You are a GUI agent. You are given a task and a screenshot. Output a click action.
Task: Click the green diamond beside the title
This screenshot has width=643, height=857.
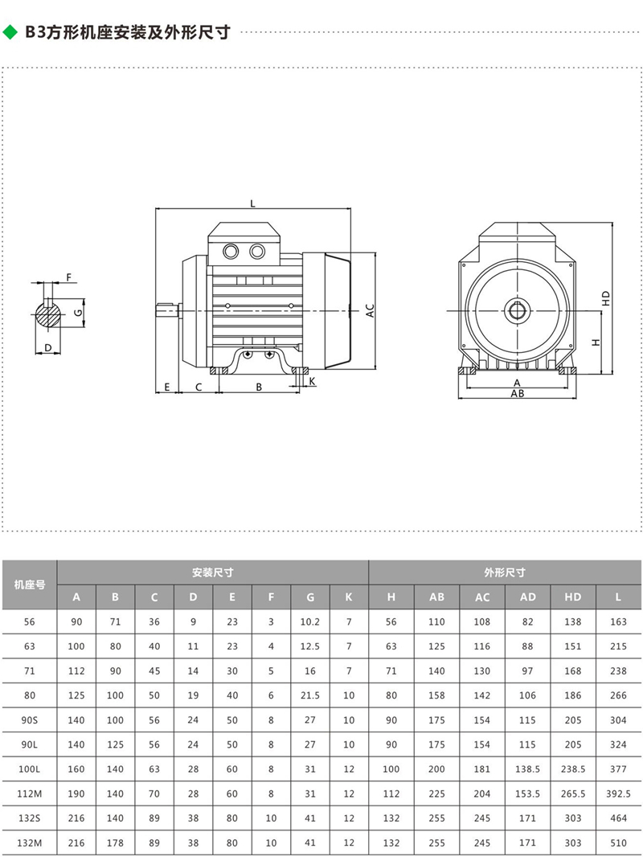10,32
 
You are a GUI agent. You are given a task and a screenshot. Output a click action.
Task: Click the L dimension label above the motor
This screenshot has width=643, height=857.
252,204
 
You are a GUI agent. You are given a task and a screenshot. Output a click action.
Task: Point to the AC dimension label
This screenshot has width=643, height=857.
371,310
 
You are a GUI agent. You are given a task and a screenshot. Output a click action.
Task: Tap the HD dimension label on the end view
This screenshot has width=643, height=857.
607,297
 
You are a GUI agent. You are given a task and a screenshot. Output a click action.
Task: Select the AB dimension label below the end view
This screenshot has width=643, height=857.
518,395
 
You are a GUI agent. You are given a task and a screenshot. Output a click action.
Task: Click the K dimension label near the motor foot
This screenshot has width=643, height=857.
312,380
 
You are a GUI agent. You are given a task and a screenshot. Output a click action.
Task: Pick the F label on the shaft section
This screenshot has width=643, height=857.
69,277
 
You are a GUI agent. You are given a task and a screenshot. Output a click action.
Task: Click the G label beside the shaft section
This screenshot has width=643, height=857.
78,311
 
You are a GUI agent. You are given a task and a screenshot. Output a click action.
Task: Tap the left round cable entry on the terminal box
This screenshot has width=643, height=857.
231,251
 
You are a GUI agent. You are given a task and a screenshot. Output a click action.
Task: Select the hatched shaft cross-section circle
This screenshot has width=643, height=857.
51,311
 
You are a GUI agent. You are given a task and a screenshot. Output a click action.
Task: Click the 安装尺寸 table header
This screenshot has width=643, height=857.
212,573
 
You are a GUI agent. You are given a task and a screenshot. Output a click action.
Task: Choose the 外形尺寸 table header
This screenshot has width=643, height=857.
505,573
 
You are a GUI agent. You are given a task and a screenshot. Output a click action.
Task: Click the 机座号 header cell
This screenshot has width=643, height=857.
29,584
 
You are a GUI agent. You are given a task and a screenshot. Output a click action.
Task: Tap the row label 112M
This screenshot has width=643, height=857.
29,793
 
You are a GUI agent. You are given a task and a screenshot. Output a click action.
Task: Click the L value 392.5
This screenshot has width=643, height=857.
618,793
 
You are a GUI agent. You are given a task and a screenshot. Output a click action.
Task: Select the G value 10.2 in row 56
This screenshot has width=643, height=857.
310,621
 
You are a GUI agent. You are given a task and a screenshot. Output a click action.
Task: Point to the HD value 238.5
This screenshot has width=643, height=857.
573,769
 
